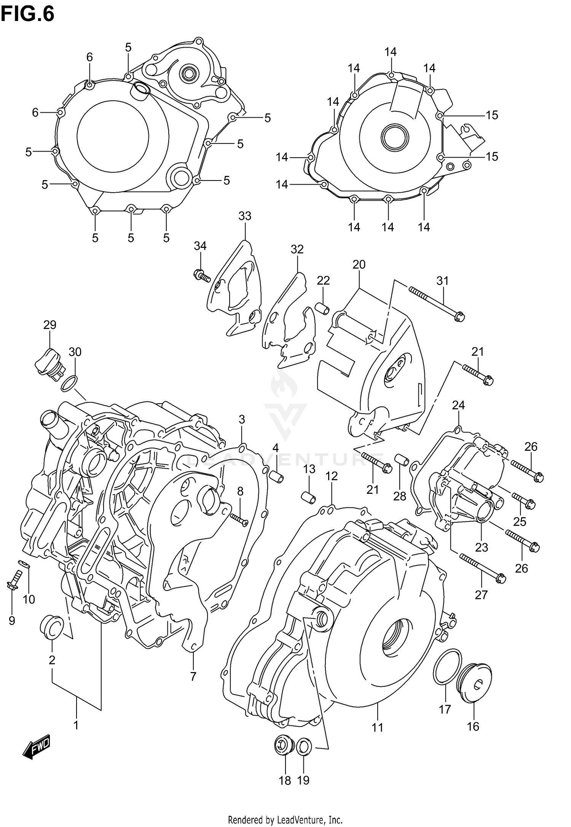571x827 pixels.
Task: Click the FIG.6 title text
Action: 27,14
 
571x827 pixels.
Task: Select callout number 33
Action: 245,216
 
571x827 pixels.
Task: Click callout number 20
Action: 359,264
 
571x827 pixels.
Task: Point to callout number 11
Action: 377,728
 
